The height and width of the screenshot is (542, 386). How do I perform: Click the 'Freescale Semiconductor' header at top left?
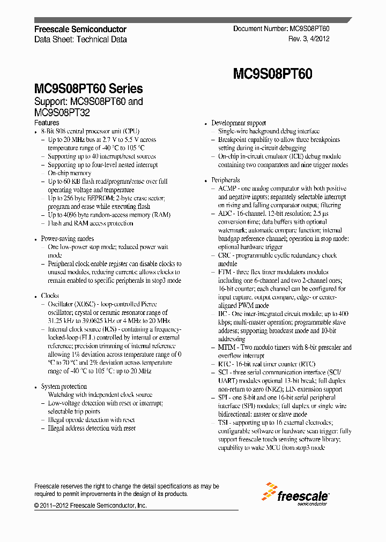(80, 29)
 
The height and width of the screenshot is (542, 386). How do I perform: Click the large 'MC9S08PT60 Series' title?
(88, 88)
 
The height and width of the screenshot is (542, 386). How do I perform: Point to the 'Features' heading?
(47, 123)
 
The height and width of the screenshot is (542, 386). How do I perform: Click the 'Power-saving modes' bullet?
(67, 238)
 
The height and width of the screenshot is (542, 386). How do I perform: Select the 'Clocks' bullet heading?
(50, 296)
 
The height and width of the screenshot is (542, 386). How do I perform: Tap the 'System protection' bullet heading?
(64, 387)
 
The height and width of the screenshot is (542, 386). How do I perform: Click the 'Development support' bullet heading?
(238, 123)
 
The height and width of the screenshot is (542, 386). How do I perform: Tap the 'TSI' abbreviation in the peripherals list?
(223, 423)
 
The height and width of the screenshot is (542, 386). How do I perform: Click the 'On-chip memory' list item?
(69, 173)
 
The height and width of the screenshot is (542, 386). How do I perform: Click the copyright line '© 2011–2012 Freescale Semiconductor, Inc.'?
(90, 506)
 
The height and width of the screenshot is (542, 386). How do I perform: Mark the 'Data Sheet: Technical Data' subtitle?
(80, 40)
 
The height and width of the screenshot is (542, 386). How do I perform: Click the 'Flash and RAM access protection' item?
(90, 223)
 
